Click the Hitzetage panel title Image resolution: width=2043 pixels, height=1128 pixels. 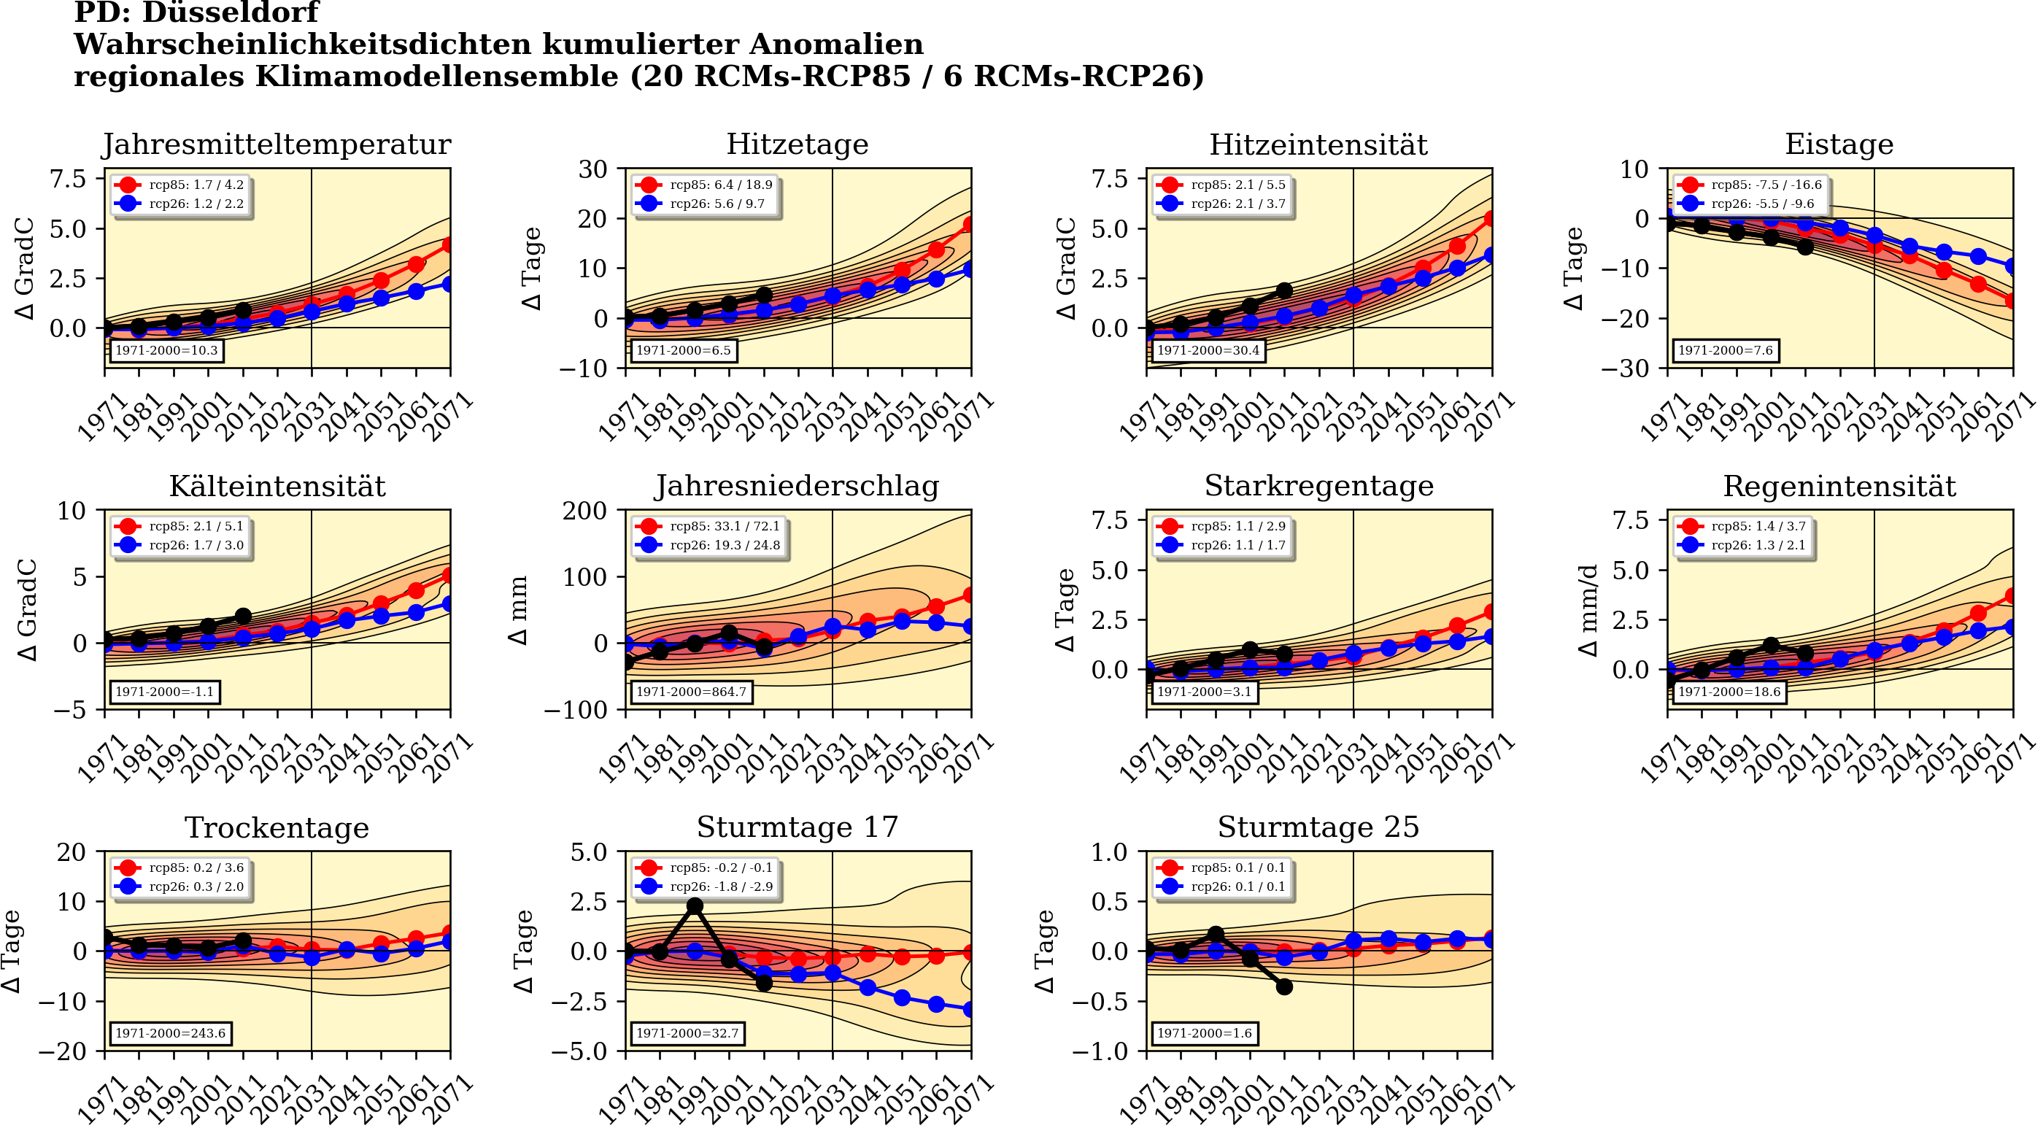(x=797, y=144)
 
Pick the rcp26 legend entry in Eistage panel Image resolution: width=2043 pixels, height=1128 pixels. (x=1745, y=204)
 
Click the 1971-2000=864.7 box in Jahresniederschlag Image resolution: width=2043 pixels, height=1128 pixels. (x=691, y=692)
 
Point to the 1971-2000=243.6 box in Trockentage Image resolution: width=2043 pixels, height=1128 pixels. (x=171, y=1034)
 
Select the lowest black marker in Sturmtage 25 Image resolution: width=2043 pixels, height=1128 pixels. (x=1285, y=986)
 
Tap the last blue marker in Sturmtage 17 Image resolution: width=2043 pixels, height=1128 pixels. (x=970, y=1010)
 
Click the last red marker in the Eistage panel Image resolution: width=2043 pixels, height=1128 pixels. (x=2012, y=301)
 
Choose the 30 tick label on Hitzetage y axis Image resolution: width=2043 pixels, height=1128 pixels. (x=592, y=169)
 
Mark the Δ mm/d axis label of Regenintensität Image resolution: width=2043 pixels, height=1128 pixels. (x=1588, y=610)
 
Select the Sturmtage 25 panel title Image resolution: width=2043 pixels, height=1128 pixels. (x=1318, y=827)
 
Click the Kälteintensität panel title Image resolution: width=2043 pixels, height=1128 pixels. (x=277, y=486)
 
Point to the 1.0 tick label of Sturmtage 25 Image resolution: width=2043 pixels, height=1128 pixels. (x=1109, y=853)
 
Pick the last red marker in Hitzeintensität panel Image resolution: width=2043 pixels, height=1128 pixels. (x=1491, y=218)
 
